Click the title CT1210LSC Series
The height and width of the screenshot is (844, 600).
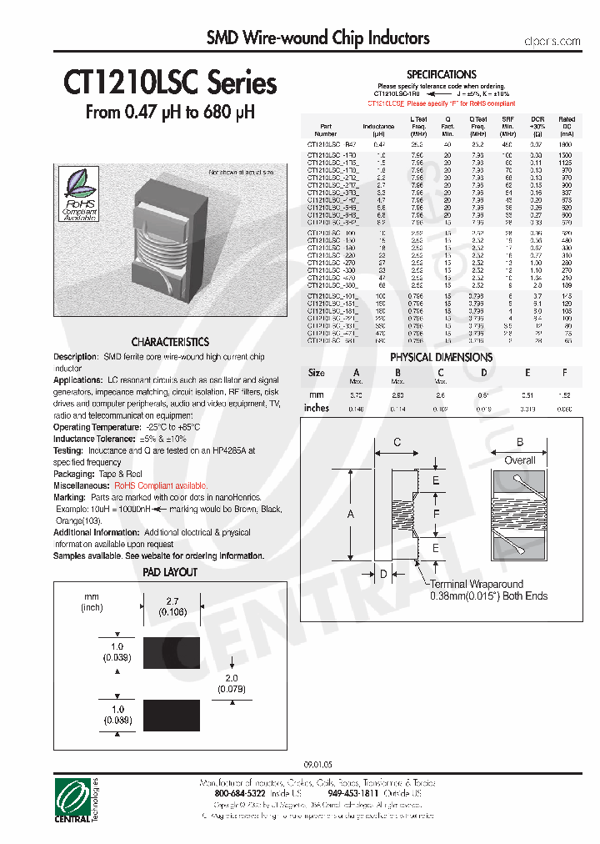pos(170,83)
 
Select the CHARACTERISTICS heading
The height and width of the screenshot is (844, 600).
pos(170,342)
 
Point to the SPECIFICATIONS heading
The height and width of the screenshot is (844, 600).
pos(441,74)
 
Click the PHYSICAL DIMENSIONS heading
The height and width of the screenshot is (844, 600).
pos(441,357)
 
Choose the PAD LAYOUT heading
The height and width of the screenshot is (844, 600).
pos(170,572)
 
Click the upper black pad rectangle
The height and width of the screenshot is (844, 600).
pos(172,652)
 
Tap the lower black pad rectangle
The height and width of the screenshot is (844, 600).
pos(172,715)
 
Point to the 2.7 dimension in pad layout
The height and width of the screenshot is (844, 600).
pos(172,600)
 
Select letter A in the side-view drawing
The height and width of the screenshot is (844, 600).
pos(351,515)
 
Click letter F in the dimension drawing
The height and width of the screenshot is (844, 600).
pos(436,514)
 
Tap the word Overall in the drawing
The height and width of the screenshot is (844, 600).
pos(520,460)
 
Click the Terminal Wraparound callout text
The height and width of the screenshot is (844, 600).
pos(476,585)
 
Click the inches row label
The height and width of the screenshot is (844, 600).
pos(317,408)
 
